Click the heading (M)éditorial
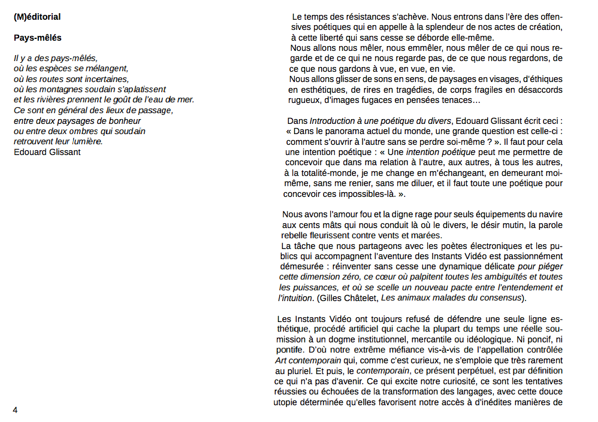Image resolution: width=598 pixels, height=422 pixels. (37, 17)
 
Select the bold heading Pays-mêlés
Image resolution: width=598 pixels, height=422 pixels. (37, 38)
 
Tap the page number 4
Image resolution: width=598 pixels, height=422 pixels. (15, 409)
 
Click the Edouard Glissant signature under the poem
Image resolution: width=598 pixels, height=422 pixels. (47, 151)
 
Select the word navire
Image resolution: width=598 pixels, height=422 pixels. (549, 214)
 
